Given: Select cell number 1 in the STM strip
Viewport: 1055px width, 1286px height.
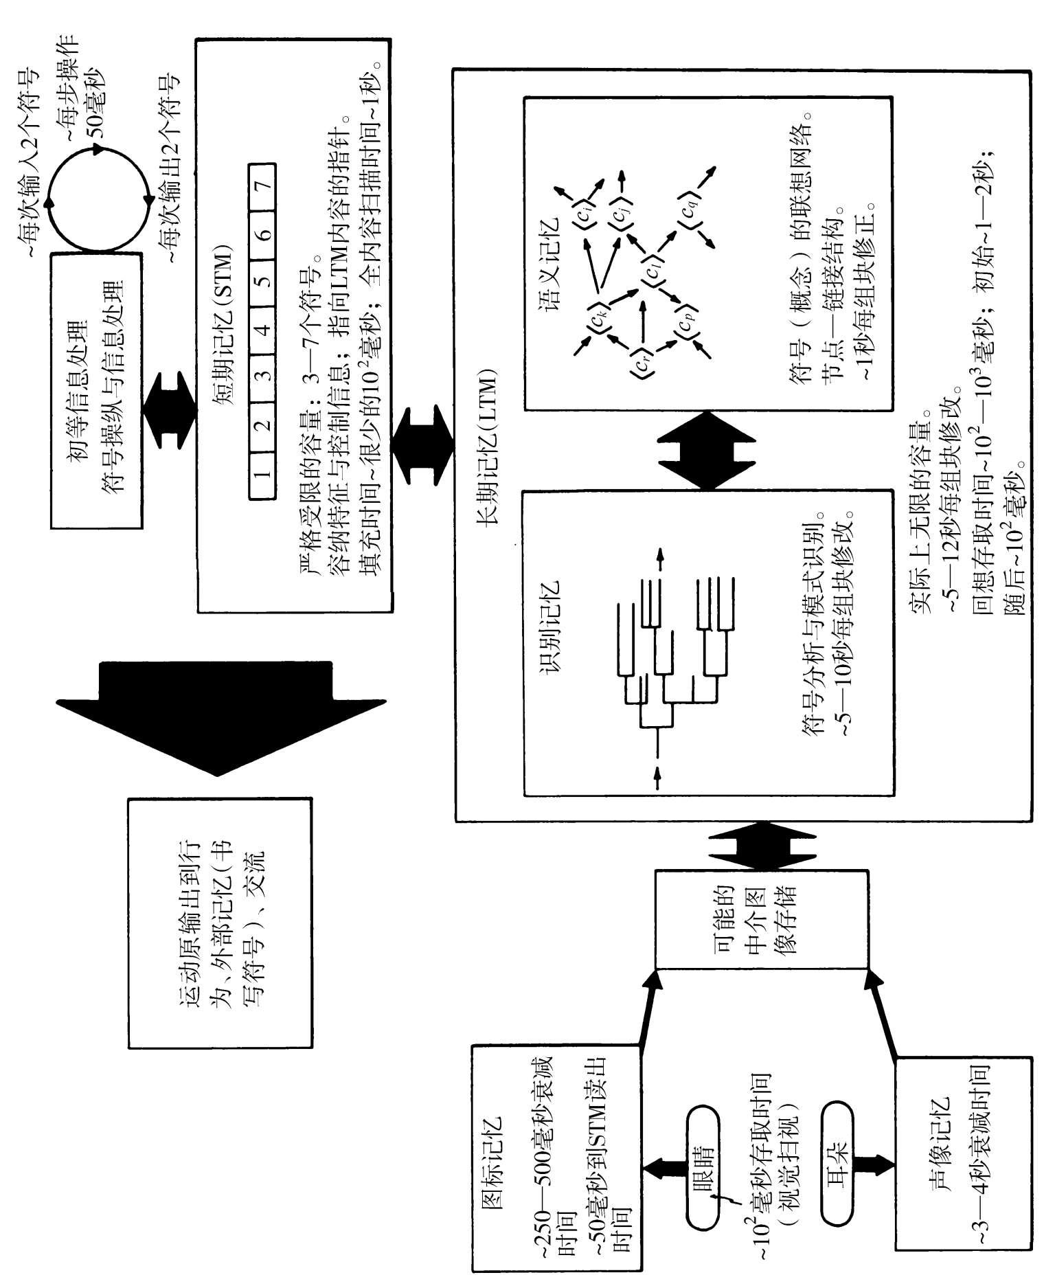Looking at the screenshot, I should tap(262, 473).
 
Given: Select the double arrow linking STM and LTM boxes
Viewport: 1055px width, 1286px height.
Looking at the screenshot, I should tap(422, 446).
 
